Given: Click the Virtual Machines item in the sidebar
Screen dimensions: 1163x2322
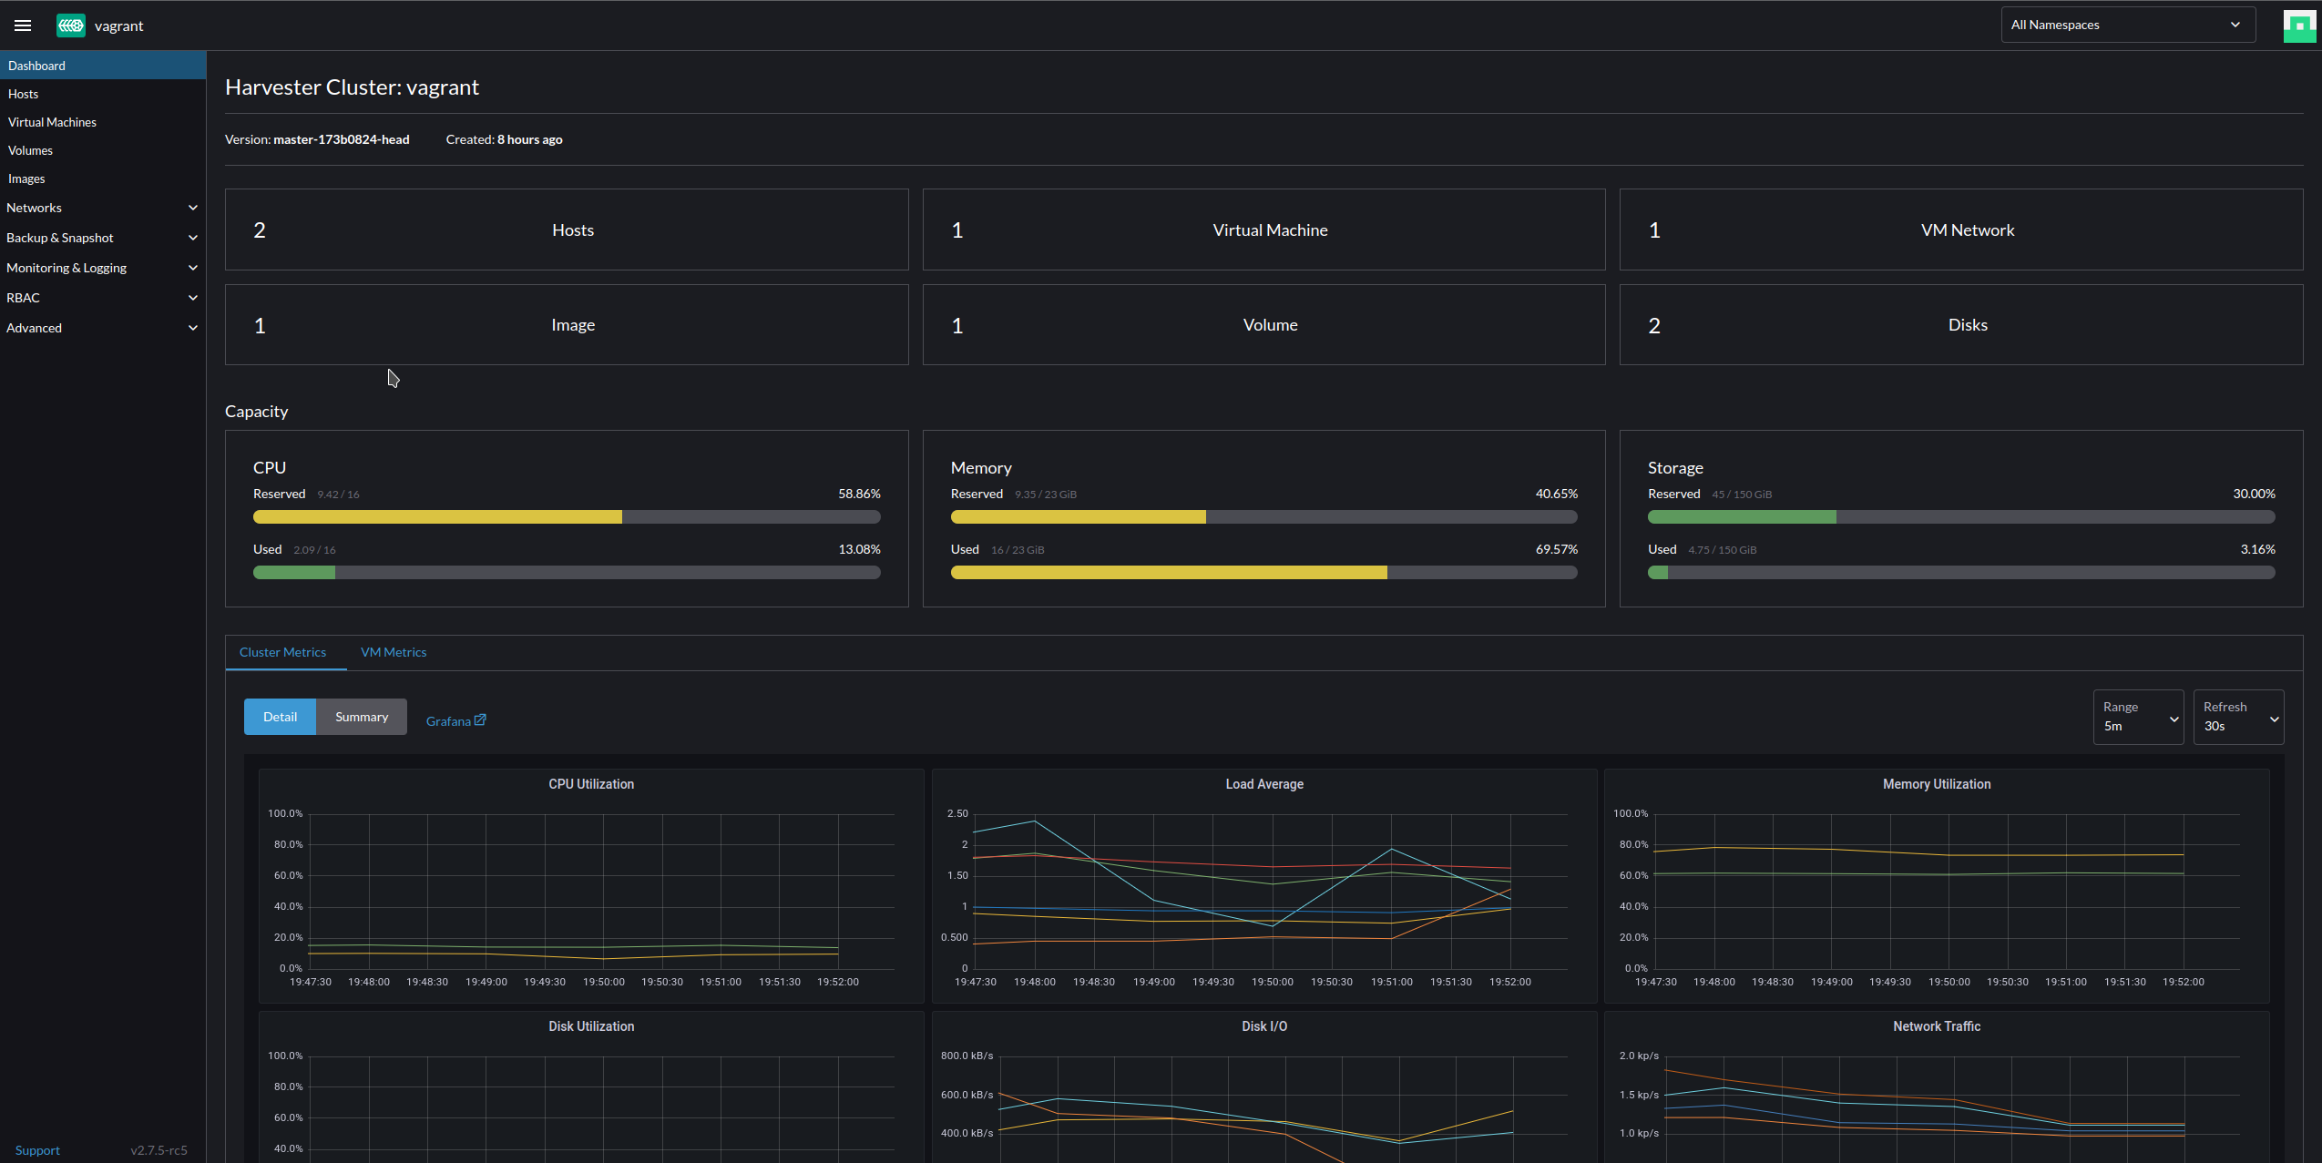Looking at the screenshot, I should (x=52, y=122).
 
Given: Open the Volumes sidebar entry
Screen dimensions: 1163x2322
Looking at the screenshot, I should (x=30, y=150).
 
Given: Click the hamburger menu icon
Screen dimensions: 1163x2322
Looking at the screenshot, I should (x=23, y=26).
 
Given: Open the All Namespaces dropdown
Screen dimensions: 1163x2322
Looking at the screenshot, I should (x=2126, y=25).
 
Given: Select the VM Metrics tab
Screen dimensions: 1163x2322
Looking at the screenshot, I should (x=393, y=652).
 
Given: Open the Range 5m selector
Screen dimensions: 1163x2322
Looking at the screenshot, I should (x=2137, y=717).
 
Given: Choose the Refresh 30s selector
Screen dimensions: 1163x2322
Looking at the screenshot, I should (x=2237, y=717).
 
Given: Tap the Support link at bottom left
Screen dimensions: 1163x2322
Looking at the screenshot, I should (x=37, y=1150).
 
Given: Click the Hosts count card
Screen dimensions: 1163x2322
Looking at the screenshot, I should (x=566, y=230).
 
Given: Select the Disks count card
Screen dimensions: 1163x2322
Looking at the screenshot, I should (x=1960, y=325).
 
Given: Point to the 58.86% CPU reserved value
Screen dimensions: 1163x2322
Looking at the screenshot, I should (x=858, y=494).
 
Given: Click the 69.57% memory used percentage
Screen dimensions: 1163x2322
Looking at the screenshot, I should (x=1556, y=549).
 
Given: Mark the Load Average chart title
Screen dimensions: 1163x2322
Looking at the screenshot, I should (x=1263, y=784).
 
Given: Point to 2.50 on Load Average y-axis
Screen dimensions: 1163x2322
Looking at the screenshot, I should (x=956, y=813).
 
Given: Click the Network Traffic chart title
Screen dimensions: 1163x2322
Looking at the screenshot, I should (x=1936, y=1026).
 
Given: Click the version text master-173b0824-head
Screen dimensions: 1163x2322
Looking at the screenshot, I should (x=341, y=139).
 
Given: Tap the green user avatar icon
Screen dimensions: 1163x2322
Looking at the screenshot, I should (x=2298, y=26).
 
